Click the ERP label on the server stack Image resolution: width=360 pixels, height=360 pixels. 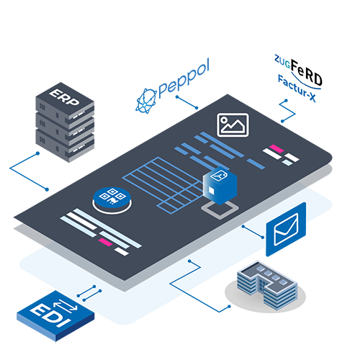pos(64,96)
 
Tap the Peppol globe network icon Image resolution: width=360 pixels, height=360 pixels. pos(146,101)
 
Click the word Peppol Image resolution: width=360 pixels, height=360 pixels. pos(184,78)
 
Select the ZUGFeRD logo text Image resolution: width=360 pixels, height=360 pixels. pos(298,70)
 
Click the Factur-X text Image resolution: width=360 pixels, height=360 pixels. pos(297,89)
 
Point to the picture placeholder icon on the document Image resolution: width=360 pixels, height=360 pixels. pos(233,125)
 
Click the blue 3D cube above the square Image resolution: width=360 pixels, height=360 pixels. pos(220,186)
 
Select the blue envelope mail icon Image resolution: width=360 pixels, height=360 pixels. pos(286,229)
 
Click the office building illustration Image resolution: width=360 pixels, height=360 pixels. pos(267,285)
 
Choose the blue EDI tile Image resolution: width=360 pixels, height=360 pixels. pos(55,315)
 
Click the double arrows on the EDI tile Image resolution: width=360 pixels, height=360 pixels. pos(66,305)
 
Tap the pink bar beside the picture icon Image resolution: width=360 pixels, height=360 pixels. pos(276,148)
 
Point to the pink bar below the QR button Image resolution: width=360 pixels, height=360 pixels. pos(105,242)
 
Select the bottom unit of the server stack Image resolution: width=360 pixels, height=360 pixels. pos(65,145)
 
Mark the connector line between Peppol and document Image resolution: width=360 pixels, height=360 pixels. pos(186,102)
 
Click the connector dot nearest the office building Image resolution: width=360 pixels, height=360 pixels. pos(229,307)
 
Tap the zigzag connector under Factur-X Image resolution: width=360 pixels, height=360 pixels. pos(287,112)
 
